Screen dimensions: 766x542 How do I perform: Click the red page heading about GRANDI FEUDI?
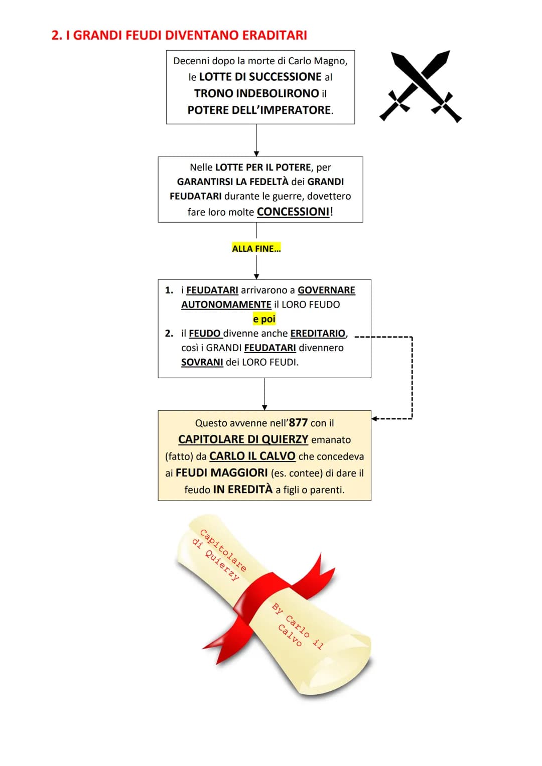[x=179, y=36]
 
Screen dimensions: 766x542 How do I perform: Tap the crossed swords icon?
[x=420, y=86]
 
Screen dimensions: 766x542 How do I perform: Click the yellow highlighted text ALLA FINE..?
[x=256, y=248]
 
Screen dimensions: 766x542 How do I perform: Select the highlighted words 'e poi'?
[x=264, y=319]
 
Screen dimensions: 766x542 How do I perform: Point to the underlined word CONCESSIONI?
[x=293, y=212]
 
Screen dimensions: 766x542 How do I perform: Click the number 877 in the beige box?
[x=298, y=423]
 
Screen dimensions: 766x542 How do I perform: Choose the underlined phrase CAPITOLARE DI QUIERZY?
[x=243, y=439]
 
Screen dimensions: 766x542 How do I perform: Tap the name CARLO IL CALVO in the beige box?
[x=252, y=456]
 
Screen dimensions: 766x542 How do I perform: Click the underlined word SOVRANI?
[x=202, y=362]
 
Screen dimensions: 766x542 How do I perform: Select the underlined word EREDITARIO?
[x=318, y=334]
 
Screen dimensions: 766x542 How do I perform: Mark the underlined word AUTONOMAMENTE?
[x=226, y=304]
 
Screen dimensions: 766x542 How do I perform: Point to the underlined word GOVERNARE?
[x=326, y=290]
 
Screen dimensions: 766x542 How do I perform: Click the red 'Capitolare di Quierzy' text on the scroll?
[x=219, y=555]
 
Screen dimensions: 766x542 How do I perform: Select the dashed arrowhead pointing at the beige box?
[x=375, y=418]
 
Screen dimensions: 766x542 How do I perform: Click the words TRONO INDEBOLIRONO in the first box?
[x=256, y=94]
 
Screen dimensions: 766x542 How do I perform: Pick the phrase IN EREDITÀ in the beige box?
[x=242, y=489]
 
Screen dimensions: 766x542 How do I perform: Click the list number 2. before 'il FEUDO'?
[x=169, y=334]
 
